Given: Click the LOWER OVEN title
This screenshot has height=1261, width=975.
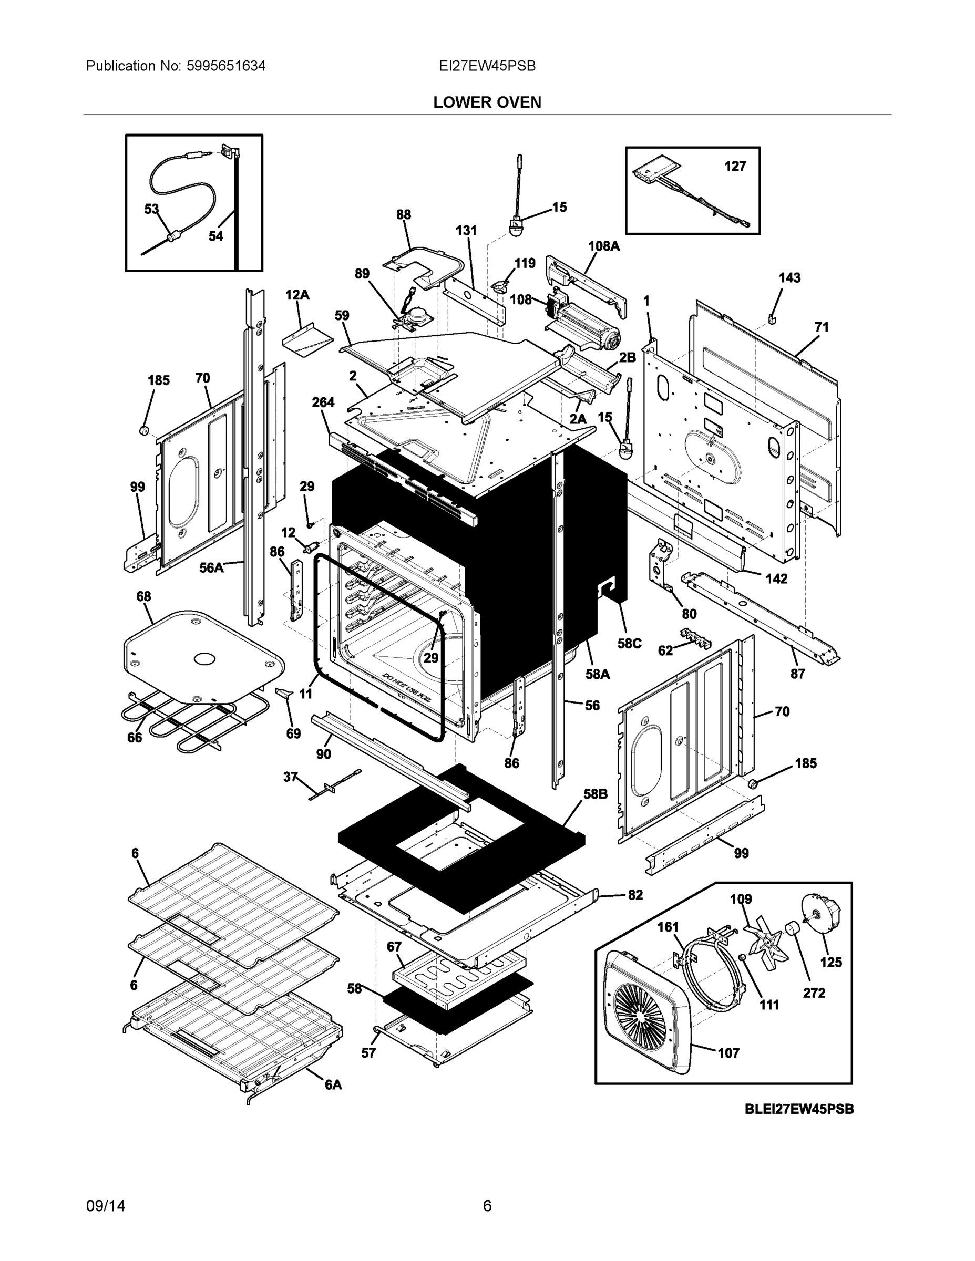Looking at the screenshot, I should pos(487,102).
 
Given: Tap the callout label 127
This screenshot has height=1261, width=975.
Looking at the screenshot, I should pos(735,166).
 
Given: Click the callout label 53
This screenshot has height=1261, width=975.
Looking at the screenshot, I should pos(151,209).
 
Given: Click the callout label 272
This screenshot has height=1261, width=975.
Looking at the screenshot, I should pos(814,993).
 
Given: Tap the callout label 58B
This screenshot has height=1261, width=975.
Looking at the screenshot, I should pos(596,794).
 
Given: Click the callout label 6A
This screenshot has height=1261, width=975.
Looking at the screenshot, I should pos(333,1085).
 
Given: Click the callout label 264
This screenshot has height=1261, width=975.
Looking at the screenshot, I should pos(323,402).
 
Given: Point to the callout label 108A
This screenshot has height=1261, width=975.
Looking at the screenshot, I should pos(603,246).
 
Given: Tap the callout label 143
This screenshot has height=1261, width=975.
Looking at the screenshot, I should pos(789,278).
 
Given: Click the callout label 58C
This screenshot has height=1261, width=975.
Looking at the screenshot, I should pos(629,643).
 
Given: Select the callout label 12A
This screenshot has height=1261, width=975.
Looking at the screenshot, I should pos(297,295).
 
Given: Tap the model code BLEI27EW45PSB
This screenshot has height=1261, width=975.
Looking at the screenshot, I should pos(799,1109).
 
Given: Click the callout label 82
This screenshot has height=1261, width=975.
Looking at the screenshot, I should pos(635,895).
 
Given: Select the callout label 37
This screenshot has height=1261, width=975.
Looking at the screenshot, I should pos(290,777).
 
